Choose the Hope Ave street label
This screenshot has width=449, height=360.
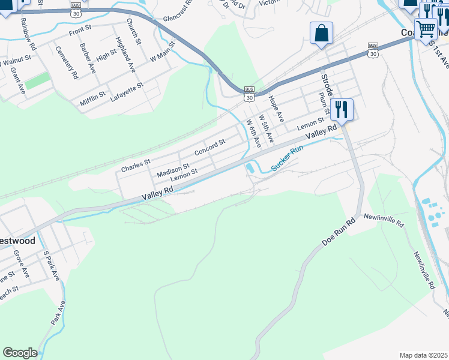[276, 109]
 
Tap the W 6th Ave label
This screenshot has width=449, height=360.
[254, 133]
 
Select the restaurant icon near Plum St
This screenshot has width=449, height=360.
[342, 109]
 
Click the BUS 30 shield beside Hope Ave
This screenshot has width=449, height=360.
[249, 94]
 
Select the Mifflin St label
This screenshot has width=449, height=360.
[92, 98]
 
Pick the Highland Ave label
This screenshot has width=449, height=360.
[125, 55]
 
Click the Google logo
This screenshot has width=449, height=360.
[20, 353]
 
